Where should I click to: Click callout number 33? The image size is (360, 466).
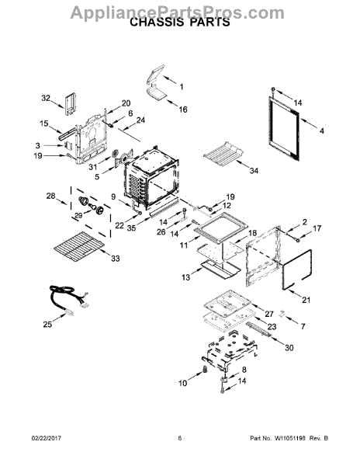pyautogui.click(x=116, y=259)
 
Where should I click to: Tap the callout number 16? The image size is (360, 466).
pyautogui.click(x=183, y=110)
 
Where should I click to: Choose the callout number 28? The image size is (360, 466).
pyautogui.click(x=51, y=196)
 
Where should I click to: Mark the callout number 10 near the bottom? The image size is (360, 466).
pyautogui.click(x=183, y=383)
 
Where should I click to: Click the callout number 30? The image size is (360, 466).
pyautogui.click(x=290, y=347)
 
